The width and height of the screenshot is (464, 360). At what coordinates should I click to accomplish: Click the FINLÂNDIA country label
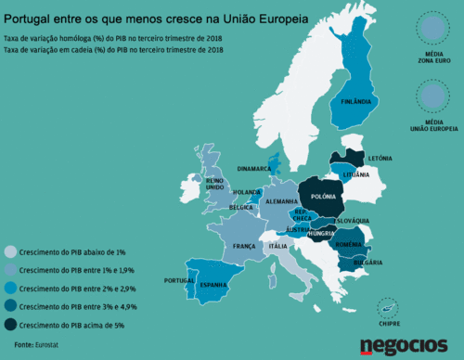pyautogui.click(x=356, y=100)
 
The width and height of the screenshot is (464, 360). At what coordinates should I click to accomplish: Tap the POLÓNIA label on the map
pyautogui.click(x=323, y=197)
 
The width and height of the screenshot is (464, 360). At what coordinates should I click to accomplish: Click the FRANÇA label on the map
pyautogui.click(x=244, y=246)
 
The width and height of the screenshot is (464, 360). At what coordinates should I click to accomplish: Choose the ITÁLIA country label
pyautogui.click(x=277, y=246)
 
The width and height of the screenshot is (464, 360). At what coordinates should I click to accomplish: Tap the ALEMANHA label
pyautogui.click(x=280, y=201)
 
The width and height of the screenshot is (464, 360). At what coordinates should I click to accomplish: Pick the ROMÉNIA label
pyautogui.click(x=349, y=244)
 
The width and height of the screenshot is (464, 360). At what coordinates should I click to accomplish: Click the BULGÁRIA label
pyautogui.click(x=355, y=264)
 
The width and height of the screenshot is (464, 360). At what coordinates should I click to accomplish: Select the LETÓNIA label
pyautogui.click(x=380, y=158)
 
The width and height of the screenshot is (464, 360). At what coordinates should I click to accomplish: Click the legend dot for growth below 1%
pyautogui.click(x=10, y=251)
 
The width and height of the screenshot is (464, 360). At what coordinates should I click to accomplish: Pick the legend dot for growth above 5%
pyautogui.click(x=10, y=325)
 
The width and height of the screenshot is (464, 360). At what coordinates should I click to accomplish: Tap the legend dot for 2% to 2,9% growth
pyautogui.click(x=10, y=288)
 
